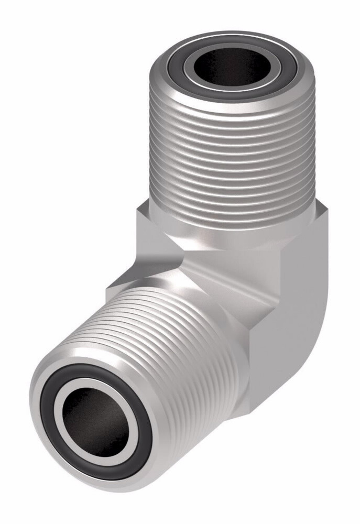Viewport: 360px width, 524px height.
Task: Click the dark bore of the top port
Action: click(231, 67)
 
